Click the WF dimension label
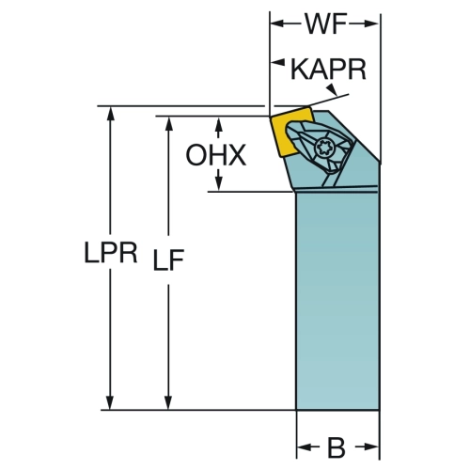326,24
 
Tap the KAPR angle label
328,70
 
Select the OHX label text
216,155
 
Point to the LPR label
111,252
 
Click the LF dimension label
168,259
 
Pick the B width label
337,447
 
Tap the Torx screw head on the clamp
323,147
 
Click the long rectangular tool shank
337,299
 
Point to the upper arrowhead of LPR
110,114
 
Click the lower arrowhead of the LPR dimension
110,402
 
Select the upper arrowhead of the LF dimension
168,123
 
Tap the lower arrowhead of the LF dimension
168,402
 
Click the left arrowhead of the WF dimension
277,23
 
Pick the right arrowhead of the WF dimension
372,23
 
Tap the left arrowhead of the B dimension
304,447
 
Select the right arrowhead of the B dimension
372,447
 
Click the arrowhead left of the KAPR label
278,62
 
